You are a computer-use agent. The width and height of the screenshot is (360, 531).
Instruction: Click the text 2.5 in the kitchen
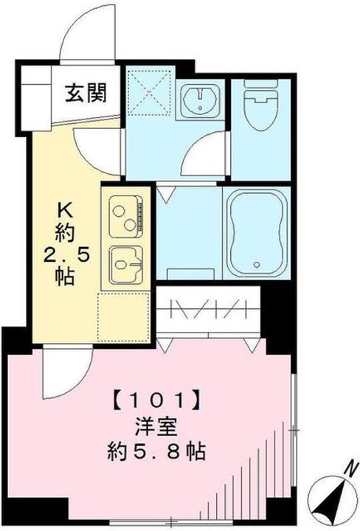coord(64,256)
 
